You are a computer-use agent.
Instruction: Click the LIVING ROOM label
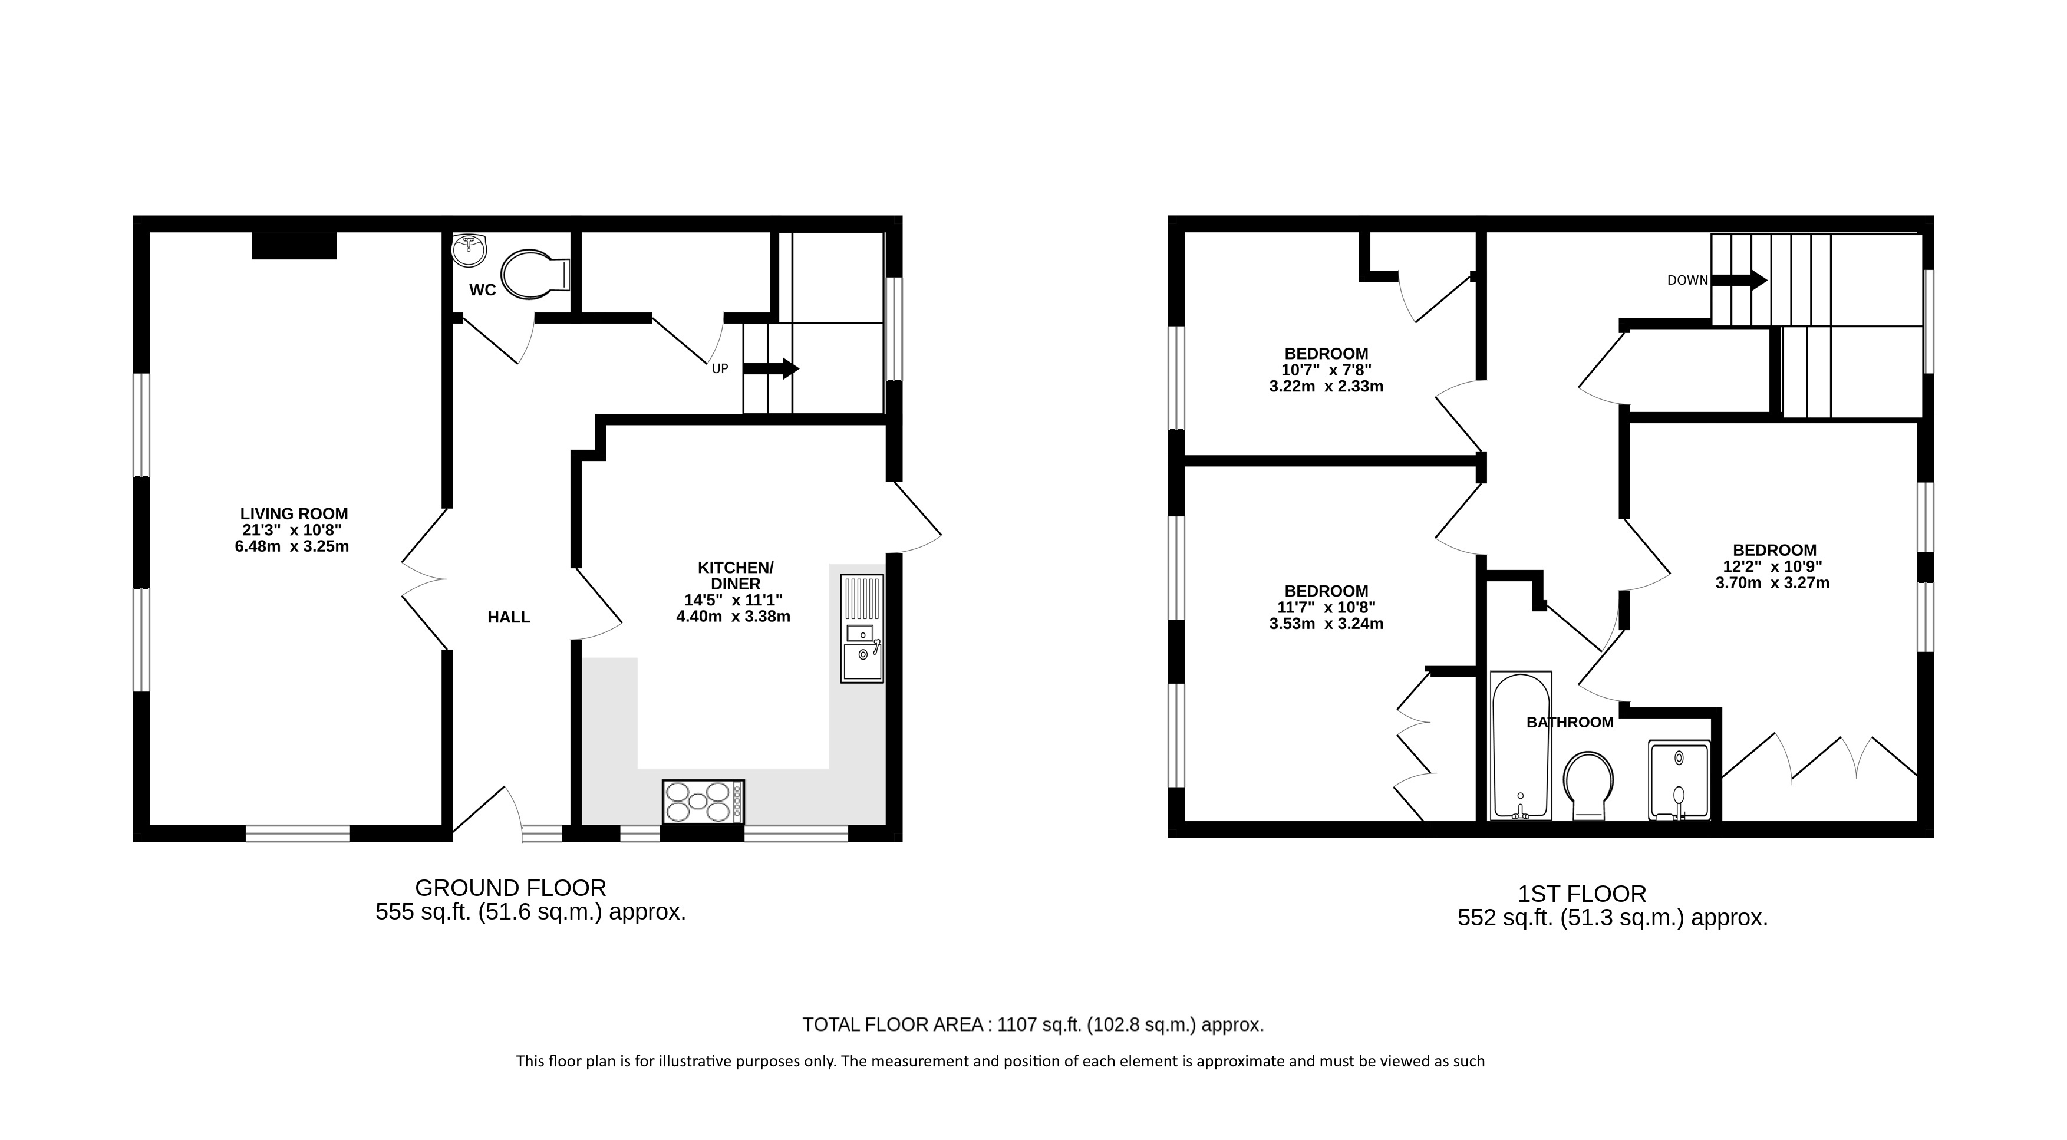[x=295, y=514]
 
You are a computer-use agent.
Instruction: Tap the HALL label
[x=509, y=617]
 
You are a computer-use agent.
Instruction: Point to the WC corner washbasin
[x=469, y=249]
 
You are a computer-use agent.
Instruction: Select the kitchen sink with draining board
[x=862, y=628]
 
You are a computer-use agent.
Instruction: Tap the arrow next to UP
[x=771, y=369]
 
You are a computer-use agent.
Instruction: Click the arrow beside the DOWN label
[x=1739, y=280]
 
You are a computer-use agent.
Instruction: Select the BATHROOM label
[x=1570, y=723]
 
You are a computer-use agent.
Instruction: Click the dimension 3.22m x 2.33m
[x=1326, y=387]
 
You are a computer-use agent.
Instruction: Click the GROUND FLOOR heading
[x=510, y=888]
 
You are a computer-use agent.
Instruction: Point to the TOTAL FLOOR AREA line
[x=1034, y=1024]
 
